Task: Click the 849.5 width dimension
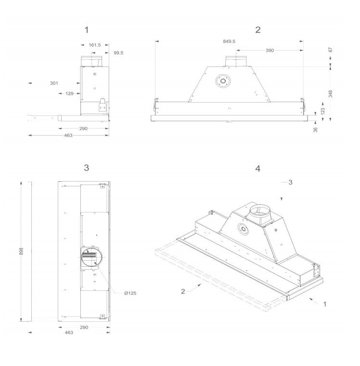[229, 41]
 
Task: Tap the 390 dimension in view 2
[270, 51]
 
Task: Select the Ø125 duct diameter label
[130, 293]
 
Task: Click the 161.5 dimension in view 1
[95, 45]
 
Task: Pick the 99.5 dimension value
[118, 53]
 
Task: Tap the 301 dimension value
[54, 83]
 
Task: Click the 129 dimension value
[69, 93]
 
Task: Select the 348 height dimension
[330, 93]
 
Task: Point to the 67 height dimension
[330, 50]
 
